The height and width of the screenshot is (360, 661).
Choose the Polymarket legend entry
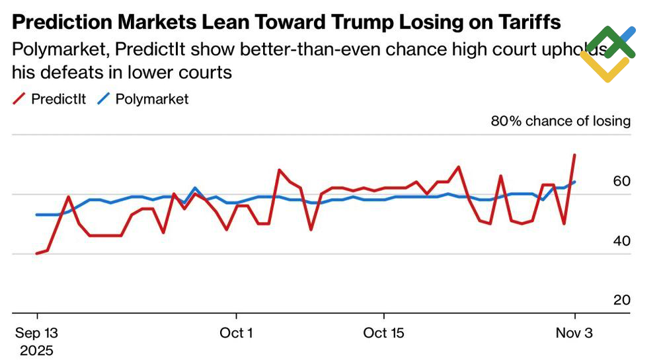[143, 99]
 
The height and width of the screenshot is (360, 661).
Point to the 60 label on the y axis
[622, 182]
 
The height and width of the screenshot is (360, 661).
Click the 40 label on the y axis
[622, 241]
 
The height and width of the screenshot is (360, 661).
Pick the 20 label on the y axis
[622, 300]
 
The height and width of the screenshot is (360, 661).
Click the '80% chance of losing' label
[561, 121]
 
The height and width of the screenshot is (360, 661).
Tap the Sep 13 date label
[37, 332]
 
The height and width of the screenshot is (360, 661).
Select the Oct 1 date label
[236, 332]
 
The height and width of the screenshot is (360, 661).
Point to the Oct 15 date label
[384, 332]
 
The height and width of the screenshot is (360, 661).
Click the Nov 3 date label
[574, 332]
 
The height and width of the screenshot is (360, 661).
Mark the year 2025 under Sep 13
[37, 350]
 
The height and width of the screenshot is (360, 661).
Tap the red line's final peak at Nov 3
[574, 155]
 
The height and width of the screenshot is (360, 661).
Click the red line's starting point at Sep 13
[37, 254]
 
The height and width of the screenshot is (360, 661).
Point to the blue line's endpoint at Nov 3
[574, 182]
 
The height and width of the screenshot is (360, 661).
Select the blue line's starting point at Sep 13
[37, 215]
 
